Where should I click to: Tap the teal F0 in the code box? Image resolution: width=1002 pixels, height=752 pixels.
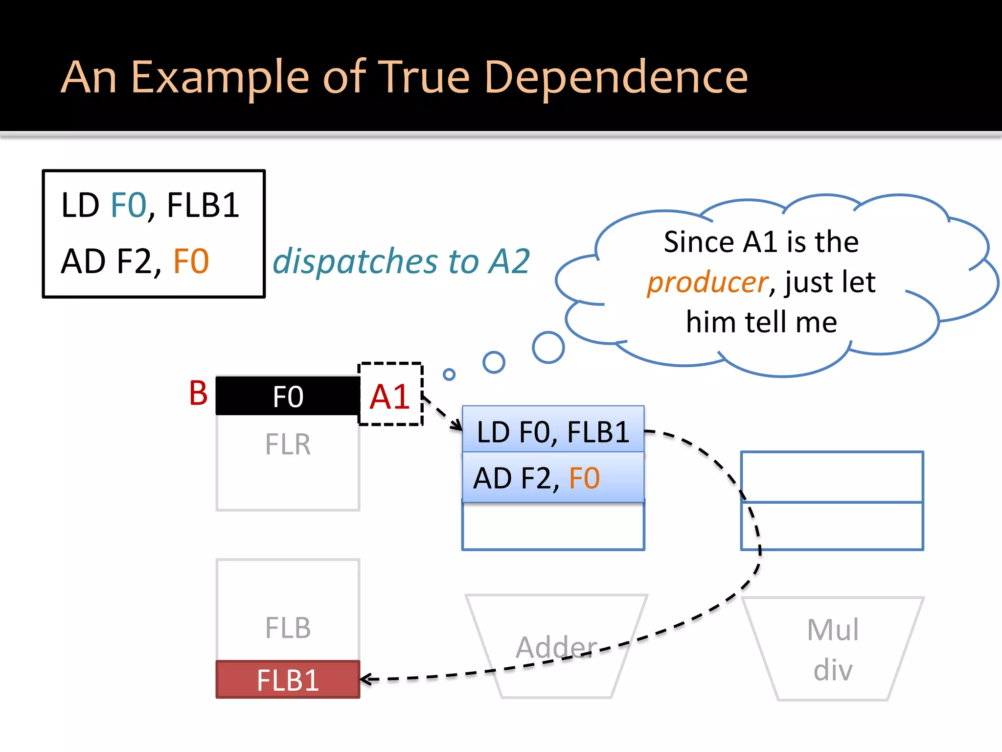point(129,206)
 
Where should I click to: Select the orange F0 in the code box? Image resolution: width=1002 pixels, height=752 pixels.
point(191,261)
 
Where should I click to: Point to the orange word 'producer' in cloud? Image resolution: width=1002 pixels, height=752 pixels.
point(707,282)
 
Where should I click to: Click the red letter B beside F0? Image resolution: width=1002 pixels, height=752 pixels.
point(198,393)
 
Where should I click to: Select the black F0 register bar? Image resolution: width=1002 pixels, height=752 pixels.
point(288,396)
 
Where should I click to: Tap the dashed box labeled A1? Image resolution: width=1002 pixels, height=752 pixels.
point(390,395)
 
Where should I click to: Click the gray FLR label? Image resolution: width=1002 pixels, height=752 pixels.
point(288,445)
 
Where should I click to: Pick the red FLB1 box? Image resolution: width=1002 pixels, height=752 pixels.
point(288,680)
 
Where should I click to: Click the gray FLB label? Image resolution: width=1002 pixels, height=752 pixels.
point(288,628)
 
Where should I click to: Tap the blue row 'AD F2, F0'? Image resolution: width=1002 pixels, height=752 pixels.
point(553,478)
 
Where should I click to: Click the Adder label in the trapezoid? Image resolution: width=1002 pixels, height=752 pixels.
point(557,647)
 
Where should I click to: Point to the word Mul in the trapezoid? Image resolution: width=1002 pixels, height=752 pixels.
point(833,630)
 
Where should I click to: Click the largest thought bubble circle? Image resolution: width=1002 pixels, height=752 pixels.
point(548,348)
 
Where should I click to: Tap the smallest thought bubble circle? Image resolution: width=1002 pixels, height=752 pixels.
point(449,375)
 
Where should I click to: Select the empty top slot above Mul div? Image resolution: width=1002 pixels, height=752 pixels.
point(832,477)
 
